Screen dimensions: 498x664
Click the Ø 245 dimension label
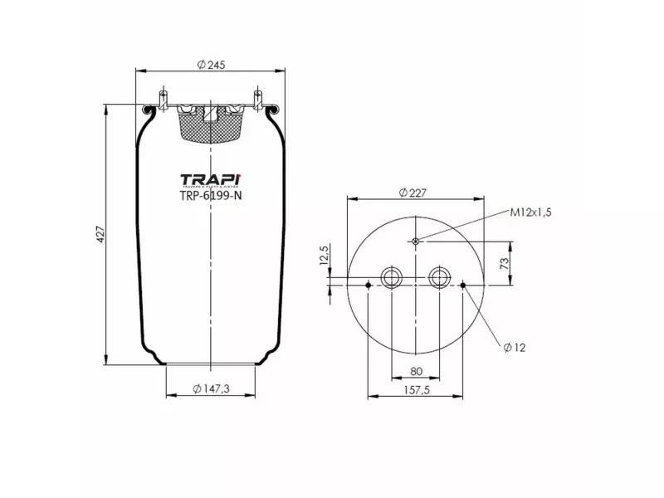point(211,65)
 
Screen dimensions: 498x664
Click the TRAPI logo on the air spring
point(211,180)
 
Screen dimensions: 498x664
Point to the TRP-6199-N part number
point(211,197)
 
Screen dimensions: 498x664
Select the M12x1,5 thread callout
point(530,212)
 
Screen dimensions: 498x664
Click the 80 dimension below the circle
point(415,371)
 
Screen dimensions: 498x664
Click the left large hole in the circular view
point(390,276)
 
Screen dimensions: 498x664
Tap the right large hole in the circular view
point(439,276)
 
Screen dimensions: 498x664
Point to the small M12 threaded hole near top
point(415,242)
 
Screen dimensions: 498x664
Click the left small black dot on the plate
point(368,286)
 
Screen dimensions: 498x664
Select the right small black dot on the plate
point(462,286)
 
